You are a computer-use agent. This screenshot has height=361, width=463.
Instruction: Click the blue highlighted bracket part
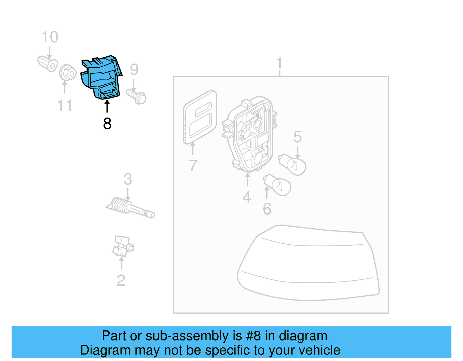click(101, 77)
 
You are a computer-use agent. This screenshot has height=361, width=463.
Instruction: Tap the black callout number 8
click(107, 124)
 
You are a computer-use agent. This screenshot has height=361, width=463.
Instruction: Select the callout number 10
click(50, 37)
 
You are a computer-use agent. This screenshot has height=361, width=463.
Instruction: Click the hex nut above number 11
click(67, 73)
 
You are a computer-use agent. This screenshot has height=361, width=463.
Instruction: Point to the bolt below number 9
click(137, 96)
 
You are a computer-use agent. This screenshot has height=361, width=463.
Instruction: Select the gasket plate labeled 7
click(200, 117)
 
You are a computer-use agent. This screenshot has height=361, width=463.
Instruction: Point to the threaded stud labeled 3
click(130, 208)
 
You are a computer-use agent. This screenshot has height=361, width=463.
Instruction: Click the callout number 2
click(121, 280)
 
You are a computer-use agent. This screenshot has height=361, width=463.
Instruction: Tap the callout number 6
click(267, 209)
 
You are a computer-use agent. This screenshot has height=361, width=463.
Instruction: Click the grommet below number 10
click(48, 64)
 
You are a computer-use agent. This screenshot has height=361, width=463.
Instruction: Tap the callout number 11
click(65, 105)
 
